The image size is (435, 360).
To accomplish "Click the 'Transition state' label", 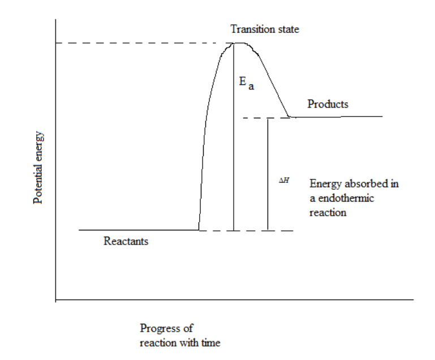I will [265, 29].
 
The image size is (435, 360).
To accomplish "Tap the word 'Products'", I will [328, 104].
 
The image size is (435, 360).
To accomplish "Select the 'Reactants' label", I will [126, 242].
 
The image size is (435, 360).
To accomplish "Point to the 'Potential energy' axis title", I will [39, 169].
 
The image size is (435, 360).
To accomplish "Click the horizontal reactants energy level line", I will [138, 230].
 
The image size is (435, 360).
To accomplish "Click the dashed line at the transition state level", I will [141, 43].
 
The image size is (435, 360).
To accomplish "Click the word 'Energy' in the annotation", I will [323, 185].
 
